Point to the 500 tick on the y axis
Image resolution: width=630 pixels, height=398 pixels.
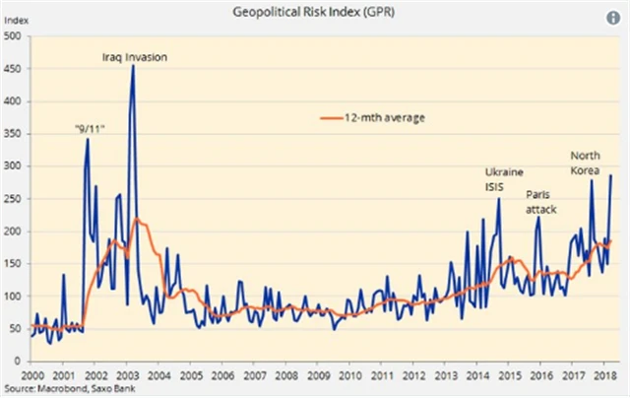(x=13, y=36)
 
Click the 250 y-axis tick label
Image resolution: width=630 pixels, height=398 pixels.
(x=13, y=199)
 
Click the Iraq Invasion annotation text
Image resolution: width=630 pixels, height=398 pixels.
(x=134, y=58)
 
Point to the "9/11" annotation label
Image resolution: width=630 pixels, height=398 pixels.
(x=91, y=129)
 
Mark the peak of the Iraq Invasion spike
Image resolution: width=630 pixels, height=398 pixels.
(x=133, y=67)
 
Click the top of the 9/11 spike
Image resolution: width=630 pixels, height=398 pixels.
(x=88, y=139)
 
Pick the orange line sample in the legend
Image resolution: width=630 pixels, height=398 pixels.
(x=335, y=118)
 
